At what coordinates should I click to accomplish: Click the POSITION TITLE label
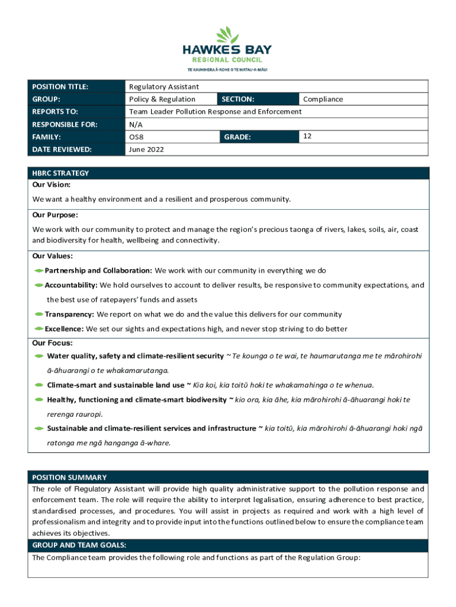pyautogui.click(x=60, y=87)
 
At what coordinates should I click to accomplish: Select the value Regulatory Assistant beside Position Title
pyautogui.click(x=164, y=87)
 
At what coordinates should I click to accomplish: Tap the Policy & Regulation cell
pyautogui.click(x=162, y=99)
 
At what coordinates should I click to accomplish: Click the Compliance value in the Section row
pyautogui.click(x=323, y=99)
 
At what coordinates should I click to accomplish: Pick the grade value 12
pyautogui.click(x=307, y=136)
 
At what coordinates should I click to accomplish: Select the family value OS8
pyautogui.click(x=137, y=137)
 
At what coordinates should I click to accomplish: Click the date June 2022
pyautogui.click(x=146, y=149)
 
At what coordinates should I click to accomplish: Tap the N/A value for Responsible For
pyautogui.click(x=136, y=124)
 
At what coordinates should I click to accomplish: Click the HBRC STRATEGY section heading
pyautogui.click(x=60, y=173)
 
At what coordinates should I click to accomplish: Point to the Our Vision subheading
pyautogui.click(x=52, y=185)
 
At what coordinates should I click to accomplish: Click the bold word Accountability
pyautogui.click(x=71, y=285)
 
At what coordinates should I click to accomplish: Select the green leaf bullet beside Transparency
pyautogui.click(x=38, y=314)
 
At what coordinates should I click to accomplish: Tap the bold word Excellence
pyautogui.click(x=65, y=328)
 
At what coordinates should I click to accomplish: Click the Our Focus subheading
pyautogui.click(x=52, y=343)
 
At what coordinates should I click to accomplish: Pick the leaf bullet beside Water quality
pyautogui.click(x=38, y=356)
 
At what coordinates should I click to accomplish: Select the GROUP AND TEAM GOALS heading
pyautogui.click(x=79, y=545)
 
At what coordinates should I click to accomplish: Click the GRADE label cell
pyautogui.click(x=237, y=137)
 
